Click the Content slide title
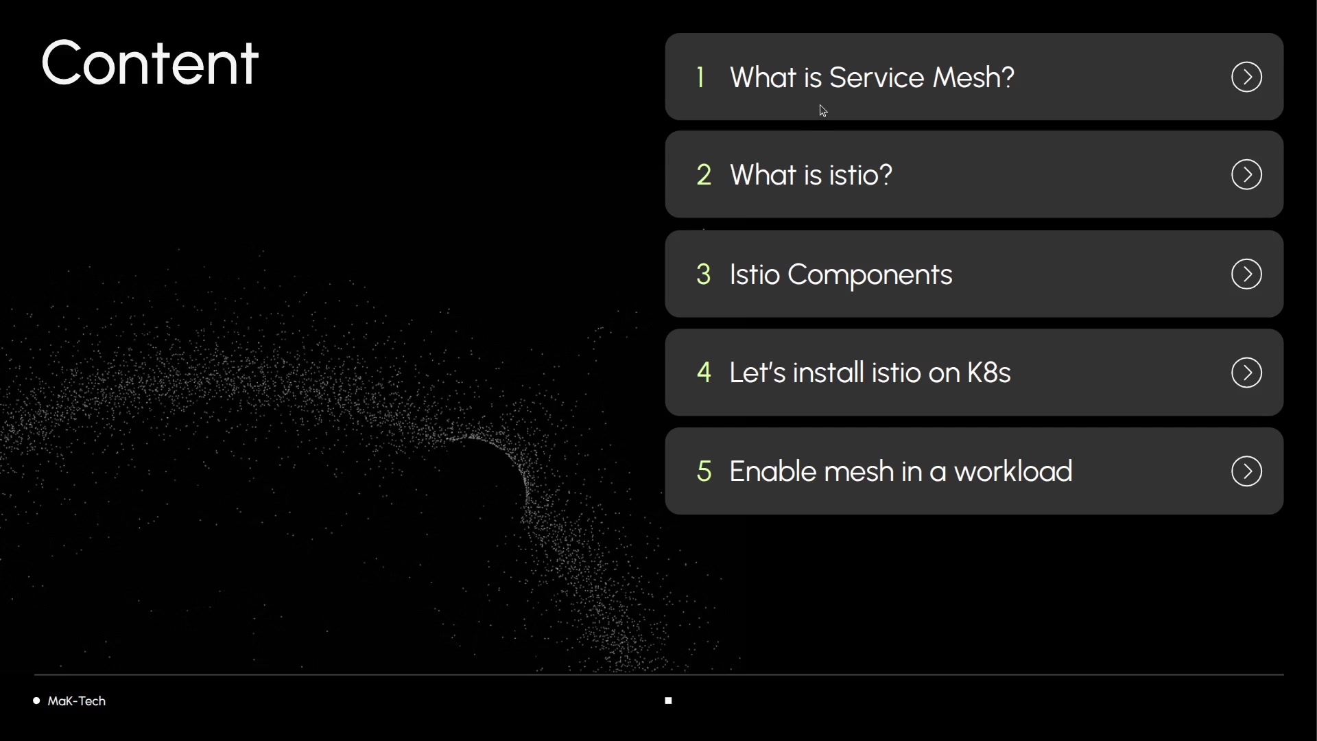point(150,63)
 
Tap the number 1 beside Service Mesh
point(700,78)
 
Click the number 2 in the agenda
point(704,175)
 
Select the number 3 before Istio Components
point(704,274)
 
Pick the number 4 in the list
point(704,373)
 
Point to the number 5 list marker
point(704,471)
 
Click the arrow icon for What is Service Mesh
point(1246,77)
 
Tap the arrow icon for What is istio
point(1246,174)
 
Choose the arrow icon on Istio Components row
point(1246,274)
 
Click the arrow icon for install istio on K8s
point(1246,373)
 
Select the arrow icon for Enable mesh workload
point(1246,471)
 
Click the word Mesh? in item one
point(973,78)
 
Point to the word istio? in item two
point(861,175)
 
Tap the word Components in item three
point(870,275)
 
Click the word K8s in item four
point(988,373)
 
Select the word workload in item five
point(1013,471)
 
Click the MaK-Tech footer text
point(77,701)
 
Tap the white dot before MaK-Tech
point(36,701)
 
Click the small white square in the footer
point(668,701)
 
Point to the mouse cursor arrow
point(823,110)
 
